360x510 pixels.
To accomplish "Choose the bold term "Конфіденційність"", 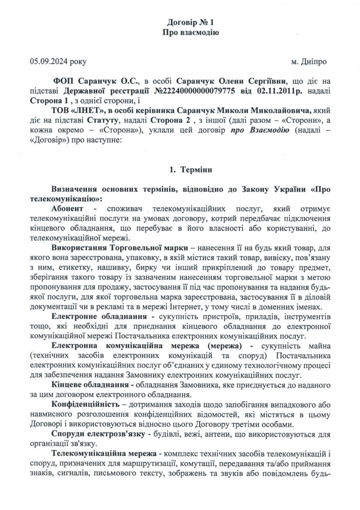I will [84, 403].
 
